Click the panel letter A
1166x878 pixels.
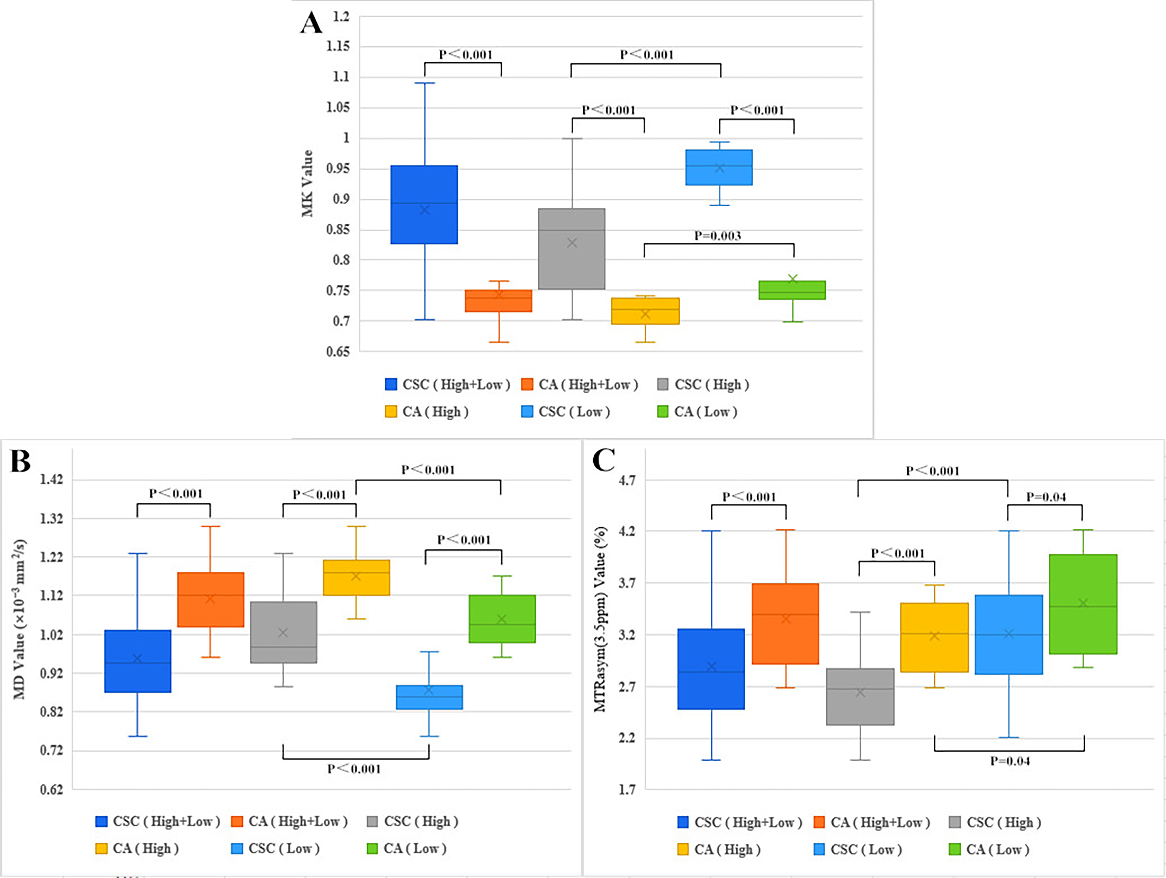(311, 23)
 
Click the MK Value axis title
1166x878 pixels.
(307, 183)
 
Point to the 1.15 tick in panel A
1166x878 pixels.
(338, 46)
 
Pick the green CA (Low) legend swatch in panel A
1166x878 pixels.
(663, 411)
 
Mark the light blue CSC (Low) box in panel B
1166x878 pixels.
(429, 697)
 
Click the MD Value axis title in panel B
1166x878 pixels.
(19, 620)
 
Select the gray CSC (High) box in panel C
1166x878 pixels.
(860, 697)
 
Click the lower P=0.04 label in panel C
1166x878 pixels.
(1009, 761)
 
